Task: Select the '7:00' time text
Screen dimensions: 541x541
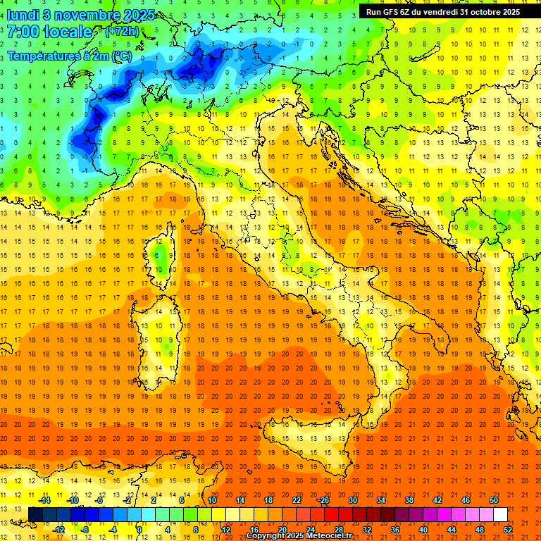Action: click(x=23, y=32)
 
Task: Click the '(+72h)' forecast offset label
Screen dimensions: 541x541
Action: click(x=121, y=32)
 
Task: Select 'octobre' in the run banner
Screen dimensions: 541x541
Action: click(x=484, y=12)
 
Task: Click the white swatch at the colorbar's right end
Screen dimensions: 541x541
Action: click(x=500, y=514)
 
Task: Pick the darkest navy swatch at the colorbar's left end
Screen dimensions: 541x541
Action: click(x=35, y=514)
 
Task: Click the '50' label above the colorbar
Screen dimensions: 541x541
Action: click(x=494, y=500)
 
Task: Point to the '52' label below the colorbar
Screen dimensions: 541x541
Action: click(x=507, y=529)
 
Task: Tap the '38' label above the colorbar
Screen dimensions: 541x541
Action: click(x=409, y=500)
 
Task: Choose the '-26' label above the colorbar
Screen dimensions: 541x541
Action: click(x=323, y=500)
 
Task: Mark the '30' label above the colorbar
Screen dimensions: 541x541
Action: click(x=353, y=500)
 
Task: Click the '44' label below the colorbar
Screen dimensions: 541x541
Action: click(x=451, y=529)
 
